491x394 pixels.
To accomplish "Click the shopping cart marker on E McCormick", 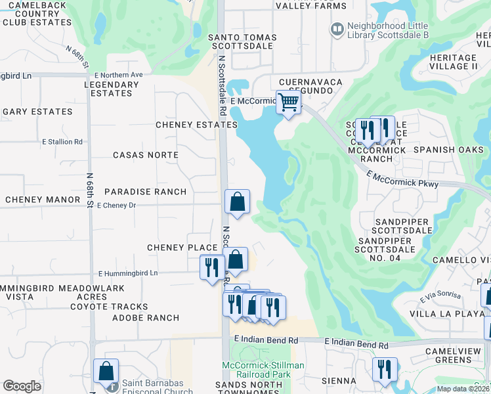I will coord(288,103).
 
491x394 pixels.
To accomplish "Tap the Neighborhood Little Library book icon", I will coord(337,29).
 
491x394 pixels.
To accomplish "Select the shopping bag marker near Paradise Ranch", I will coord(237,202).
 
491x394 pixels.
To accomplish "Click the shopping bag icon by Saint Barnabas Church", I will coord(106,371).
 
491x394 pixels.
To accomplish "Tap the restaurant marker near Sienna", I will coord(385,370).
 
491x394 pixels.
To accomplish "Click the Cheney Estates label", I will coord(196,125).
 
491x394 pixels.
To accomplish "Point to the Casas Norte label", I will coord(146,155).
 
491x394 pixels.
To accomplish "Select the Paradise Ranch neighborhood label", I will coord(145,192).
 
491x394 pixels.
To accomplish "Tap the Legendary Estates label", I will coord(112,89).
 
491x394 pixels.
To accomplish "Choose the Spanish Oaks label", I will coord(448,150).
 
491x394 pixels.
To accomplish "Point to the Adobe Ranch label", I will coord(146,318).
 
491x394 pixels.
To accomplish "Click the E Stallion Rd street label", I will coord(62,141).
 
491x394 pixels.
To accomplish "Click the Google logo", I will coord(22,386).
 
